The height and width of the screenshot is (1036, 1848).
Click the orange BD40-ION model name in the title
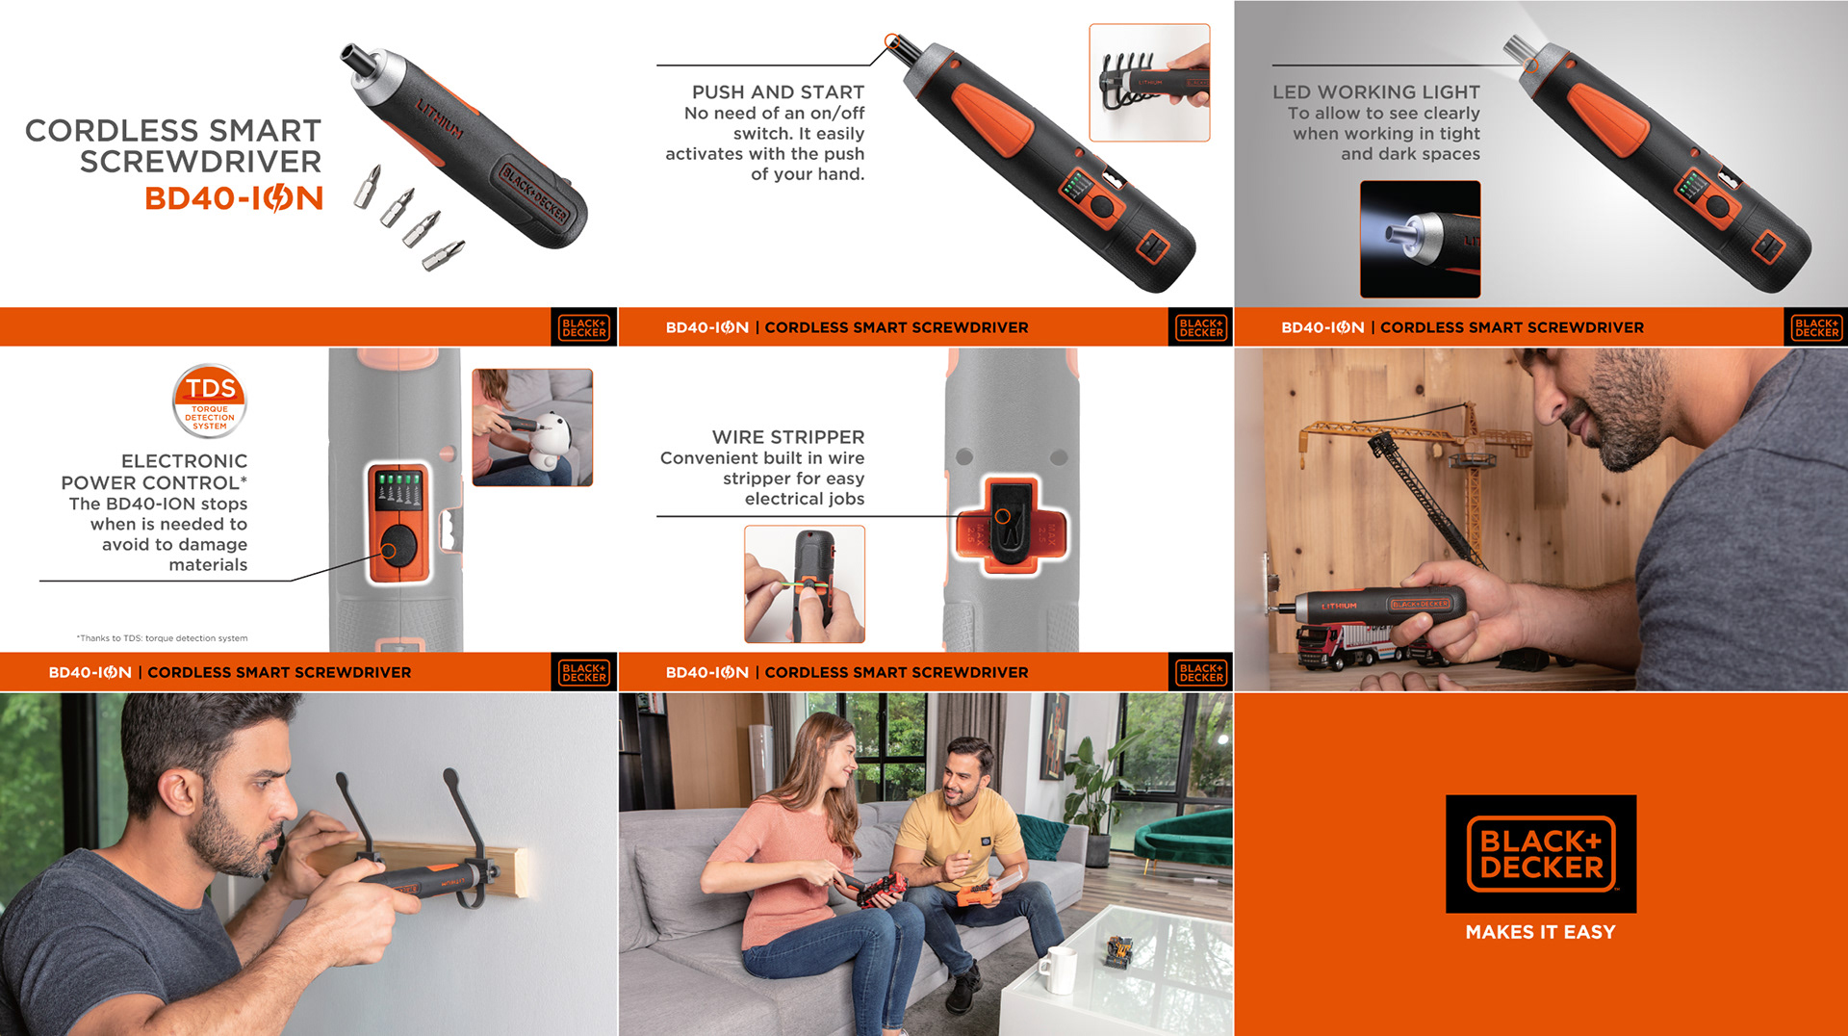pyautogui.click(x=234, y=198)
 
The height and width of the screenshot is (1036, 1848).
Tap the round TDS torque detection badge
pyautogui.click(x=210, y=401)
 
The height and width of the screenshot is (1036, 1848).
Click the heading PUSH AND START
pyautogui.click(x=778, y=92)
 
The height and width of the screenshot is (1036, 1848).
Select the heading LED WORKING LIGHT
pyautogui.click(x=1375, y=92)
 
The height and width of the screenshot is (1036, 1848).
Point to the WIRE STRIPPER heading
pyautogui.click(x=788, y=437)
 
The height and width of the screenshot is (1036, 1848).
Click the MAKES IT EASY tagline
pyautogui.click(x=1540, y=932)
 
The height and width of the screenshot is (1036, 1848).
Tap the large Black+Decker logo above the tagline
pyautogui.click(x=1541, y=854)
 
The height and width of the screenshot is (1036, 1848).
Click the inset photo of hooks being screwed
pyautogui.click(x=1149, y=83)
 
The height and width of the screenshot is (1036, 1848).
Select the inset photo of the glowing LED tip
pyautogui.click(x=1420, y=239)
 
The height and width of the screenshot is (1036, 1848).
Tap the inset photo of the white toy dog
pyautogui.click(x=532, y=427)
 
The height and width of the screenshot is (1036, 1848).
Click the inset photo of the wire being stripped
pyautogui.click(x=805, y=583)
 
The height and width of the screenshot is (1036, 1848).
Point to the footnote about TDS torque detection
pyautogui.click(x=162, y=638)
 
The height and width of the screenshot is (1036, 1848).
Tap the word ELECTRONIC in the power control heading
pyautogui.click(x=184, y=461)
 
